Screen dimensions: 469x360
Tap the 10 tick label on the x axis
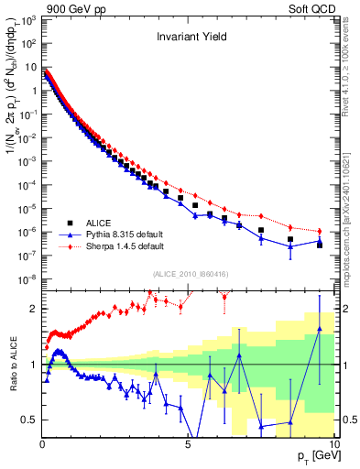click(332, 444)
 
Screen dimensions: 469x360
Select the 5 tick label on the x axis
click(188, 444)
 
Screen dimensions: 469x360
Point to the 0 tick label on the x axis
click(43, 444)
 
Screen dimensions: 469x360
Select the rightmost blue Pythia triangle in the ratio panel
click(319, 329)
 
